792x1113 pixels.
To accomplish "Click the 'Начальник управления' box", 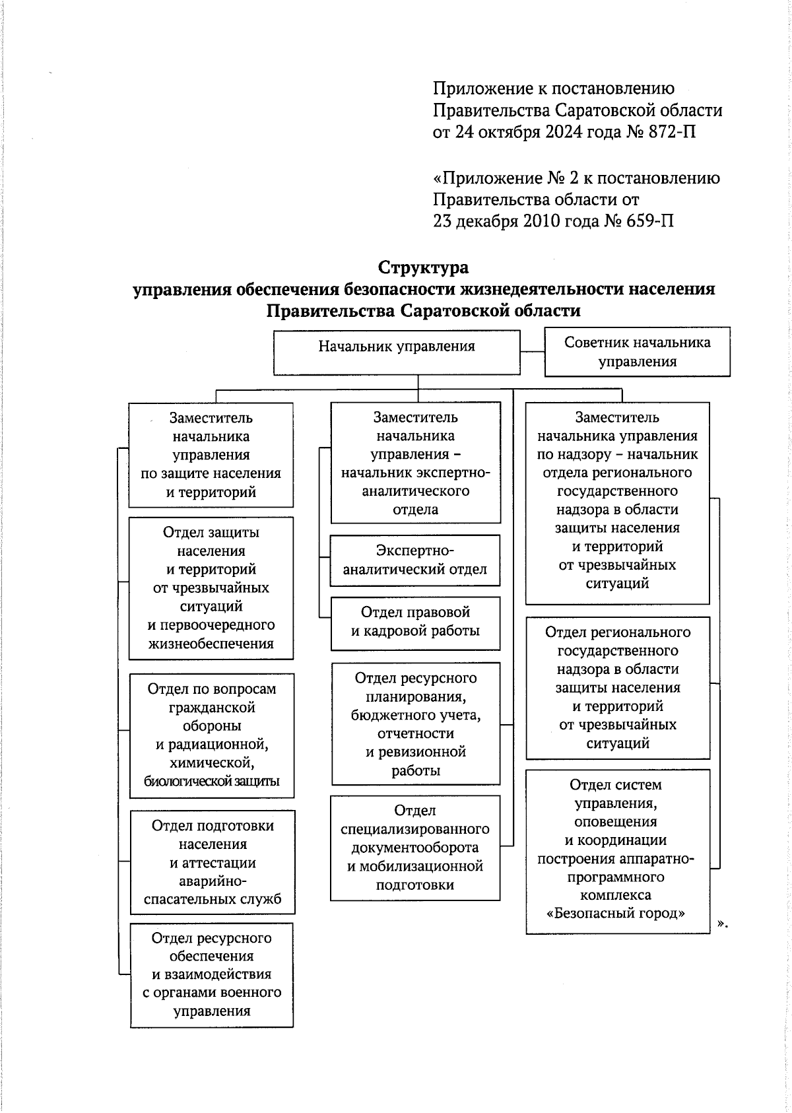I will (x=397, y=353).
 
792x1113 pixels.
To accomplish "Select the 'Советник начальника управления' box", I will (x=637, y=352).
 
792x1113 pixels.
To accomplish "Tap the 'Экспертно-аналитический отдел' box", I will (x=415, y=560).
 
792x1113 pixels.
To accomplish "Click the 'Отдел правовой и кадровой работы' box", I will (x=415, y=622).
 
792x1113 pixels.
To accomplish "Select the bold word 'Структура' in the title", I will (x=423, y=267).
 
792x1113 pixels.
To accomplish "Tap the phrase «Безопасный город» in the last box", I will (x=616, y=914).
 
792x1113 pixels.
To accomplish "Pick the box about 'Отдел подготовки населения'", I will (x=212, y=862).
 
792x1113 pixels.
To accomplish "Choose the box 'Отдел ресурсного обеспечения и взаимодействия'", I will (x=212, y=974).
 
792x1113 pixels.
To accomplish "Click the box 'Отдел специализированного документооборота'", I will (x=415, y=848).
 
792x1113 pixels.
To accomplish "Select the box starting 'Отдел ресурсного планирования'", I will (x=415, y=724).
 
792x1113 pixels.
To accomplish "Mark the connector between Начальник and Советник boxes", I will (x=532, y=353).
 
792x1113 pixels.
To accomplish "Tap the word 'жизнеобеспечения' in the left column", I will (x=211, y=644).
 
